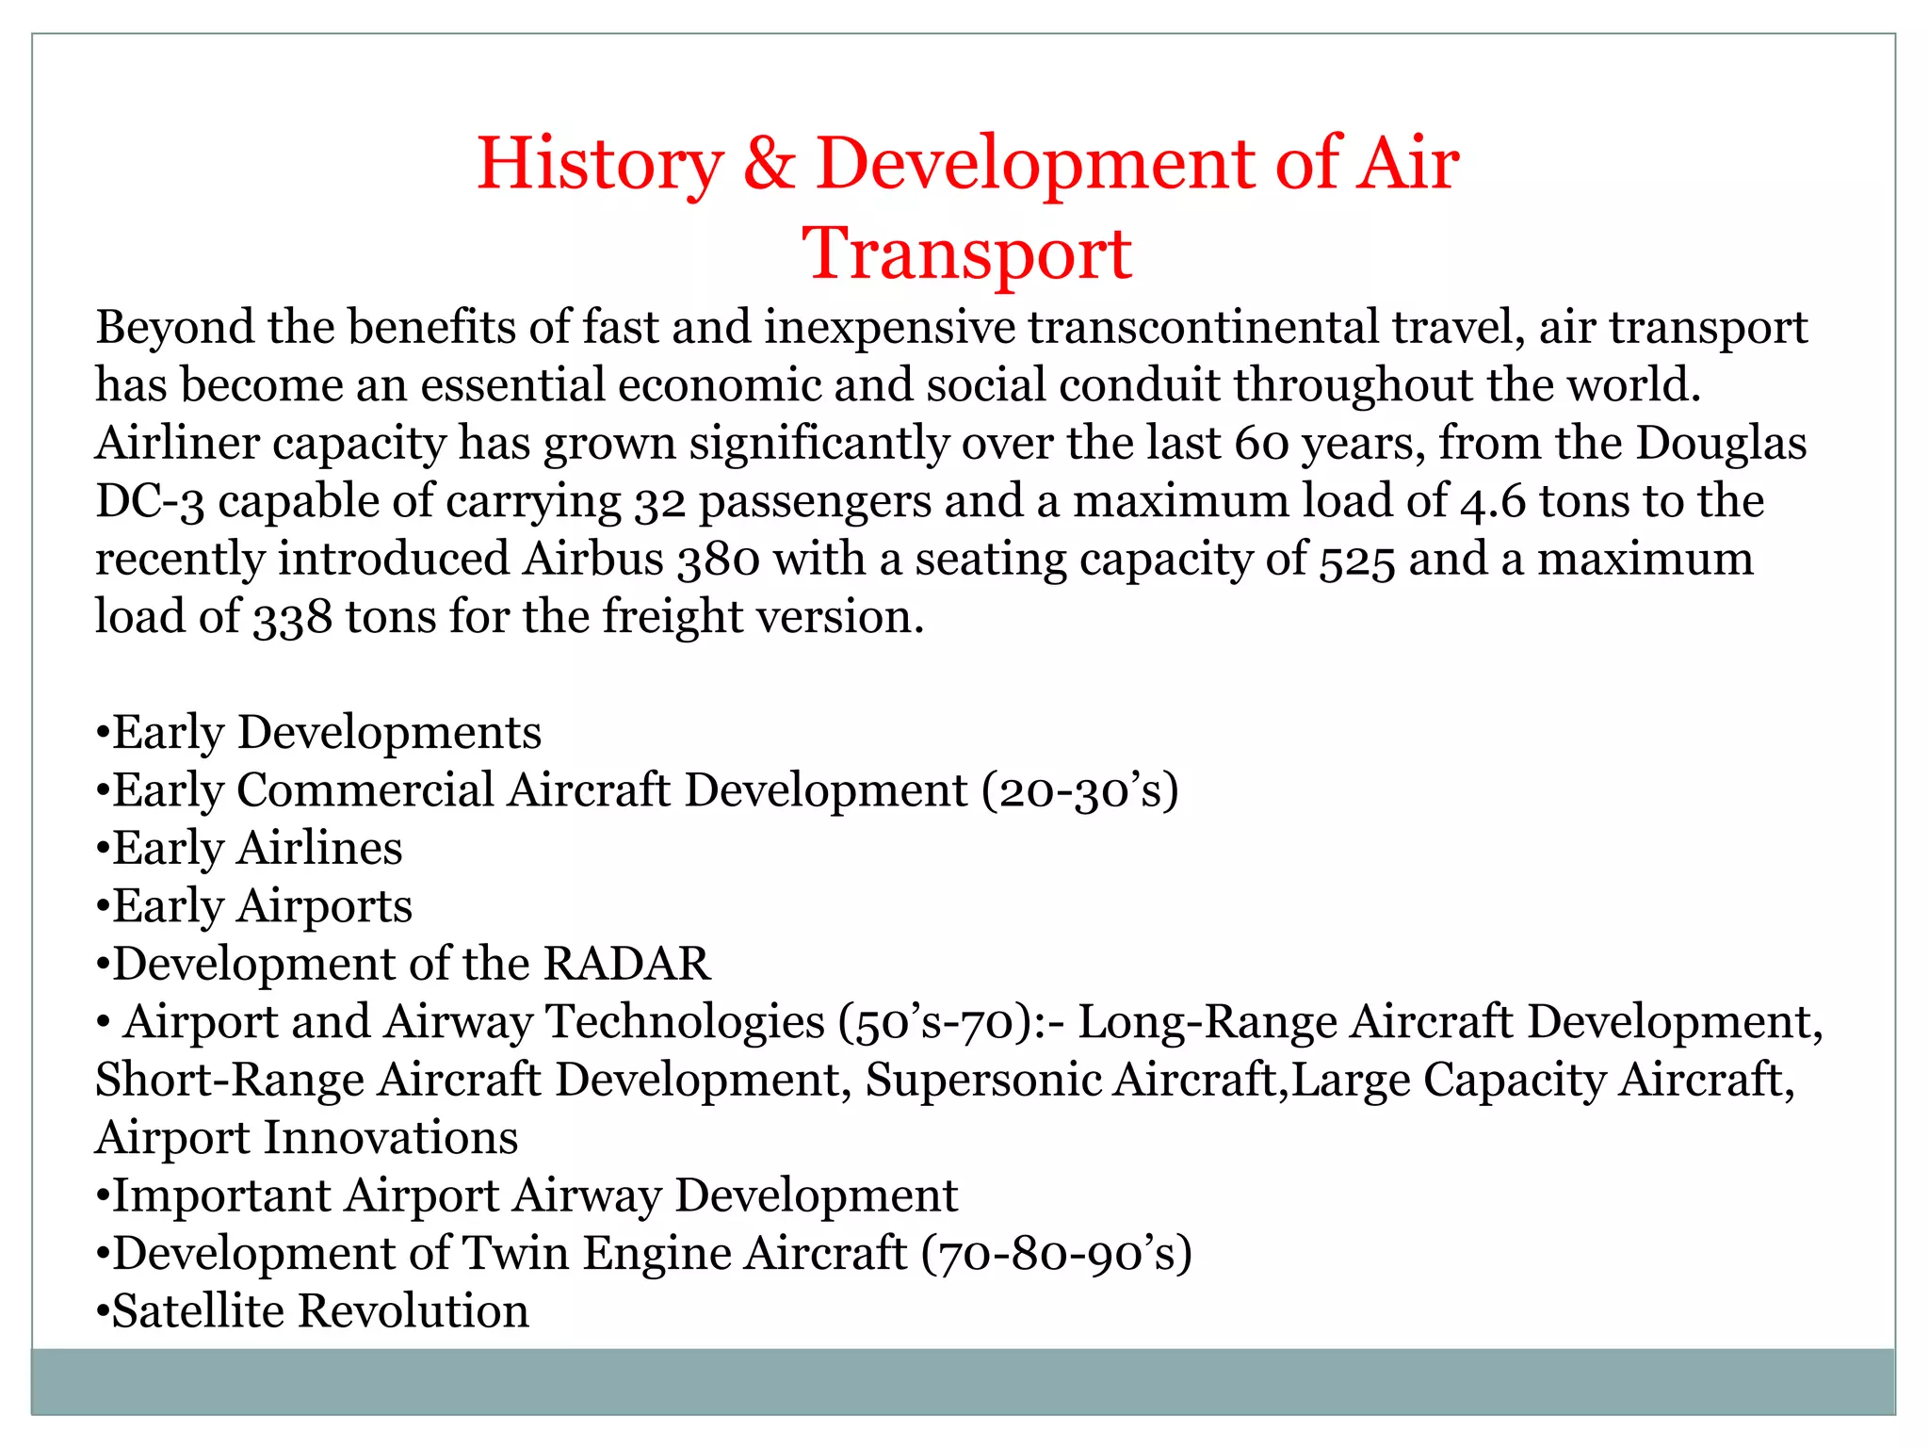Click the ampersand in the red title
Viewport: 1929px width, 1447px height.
pos(770,164)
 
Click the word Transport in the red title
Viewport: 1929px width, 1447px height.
pos(966,254)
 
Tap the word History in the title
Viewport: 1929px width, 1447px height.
pos(600,164)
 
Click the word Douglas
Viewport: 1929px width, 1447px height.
pos(1721,444)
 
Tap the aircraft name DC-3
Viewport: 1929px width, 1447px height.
pos(150,501)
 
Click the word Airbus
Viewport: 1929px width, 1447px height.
pos(593,559)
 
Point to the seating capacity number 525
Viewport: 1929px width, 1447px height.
pos(1356,561)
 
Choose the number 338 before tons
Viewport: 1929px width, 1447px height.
pos(293,618)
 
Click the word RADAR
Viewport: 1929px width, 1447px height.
pos(626,964)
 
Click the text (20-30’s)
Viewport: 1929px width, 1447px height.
pos(1079,790)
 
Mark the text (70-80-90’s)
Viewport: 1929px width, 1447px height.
pos(1057,1254)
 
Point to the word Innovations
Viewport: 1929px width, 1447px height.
pos(390,1138)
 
